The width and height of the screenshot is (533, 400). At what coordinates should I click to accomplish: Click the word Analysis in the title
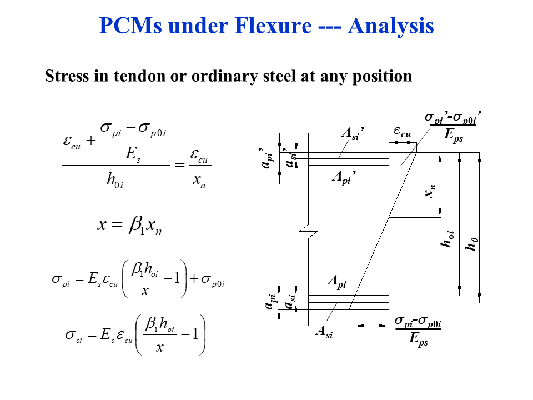coord(391,26)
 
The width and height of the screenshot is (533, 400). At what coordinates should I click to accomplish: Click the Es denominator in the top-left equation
coord(133,154)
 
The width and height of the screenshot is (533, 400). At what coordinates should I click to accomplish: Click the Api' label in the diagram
coord(343,177)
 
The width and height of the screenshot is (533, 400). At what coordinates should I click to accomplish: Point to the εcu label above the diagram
coord(402,132)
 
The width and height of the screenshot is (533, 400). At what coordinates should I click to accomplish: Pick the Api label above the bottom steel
coord(336,282)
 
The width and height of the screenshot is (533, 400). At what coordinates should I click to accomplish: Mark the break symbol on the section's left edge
coord(308,228)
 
